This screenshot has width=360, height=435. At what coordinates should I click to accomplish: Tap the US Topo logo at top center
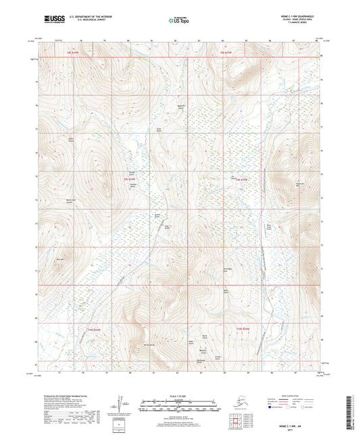click(180, 21)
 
